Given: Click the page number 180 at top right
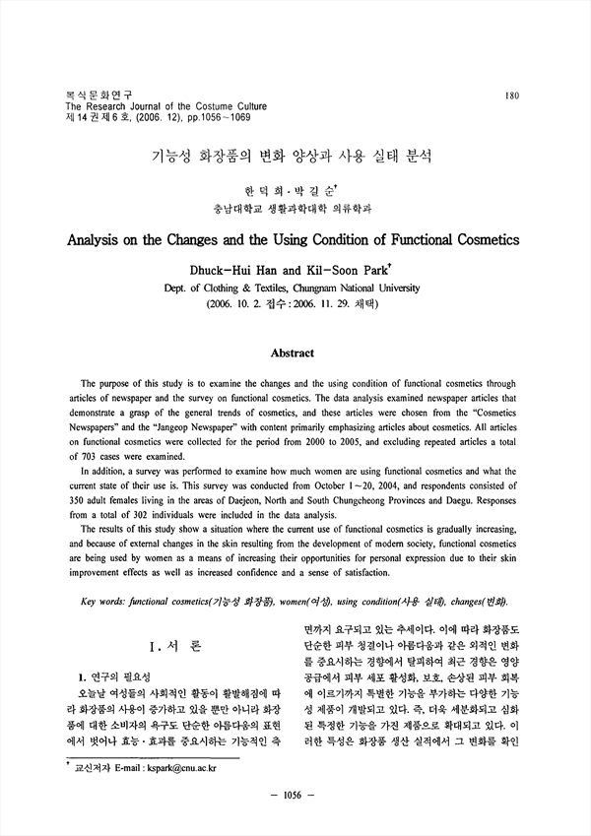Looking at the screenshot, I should point(511,96).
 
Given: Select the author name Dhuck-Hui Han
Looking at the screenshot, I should point(245,268).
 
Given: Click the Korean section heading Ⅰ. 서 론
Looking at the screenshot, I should point(174,646).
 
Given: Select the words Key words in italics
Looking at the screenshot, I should point(102,601).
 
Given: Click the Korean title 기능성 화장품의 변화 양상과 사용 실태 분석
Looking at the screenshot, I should point(292,156).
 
